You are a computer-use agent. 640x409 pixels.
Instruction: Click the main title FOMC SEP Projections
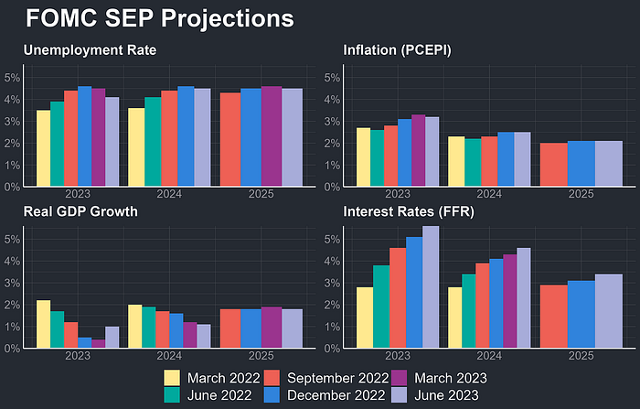coord(160,19)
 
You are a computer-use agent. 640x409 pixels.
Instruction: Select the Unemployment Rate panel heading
coord(90,50)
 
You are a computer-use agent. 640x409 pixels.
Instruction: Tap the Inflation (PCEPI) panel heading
coord(397,50)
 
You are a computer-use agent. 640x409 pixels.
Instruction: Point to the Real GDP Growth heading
coord(80,211)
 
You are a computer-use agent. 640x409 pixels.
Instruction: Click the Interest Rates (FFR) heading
coord(409,211)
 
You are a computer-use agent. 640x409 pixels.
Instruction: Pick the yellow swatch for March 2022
coord(172,378)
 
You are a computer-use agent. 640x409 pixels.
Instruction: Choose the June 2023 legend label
coord(446,395)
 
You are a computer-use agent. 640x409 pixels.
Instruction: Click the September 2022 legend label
coord(338,378)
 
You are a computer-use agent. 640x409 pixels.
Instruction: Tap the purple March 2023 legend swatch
coord(399,378)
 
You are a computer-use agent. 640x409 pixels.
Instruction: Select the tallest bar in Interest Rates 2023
coord(431,286)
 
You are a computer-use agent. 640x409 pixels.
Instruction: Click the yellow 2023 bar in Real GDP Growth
coord(44,324)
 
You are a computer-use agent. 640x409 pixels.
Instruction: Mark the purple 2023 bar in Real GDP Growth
coord(99,344)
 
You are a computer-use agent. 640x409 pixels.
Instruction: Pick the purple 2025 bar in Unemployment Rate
coord(272,136)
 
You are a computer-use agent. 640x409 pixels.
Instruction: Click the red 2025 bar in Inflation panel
coord(553,165)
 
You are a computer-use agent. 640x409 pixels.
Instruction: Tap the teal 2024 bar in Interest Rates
coord(468,311)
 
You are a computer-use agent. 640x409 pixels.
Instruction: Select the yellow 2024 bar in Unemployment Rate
coord(136,147)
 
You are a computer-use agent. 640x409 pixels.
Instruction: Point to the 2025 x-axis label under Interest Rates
coord(581,356)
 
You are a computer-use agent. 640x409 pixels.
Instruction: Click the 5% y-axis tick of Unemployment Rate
coord(12,78)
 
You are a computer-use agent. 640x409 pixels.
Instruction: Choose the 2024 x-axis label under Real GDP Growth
coord(169,356)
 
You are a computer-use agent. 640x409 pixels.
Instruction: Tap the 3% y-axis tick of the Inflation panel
coord(332,122)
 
